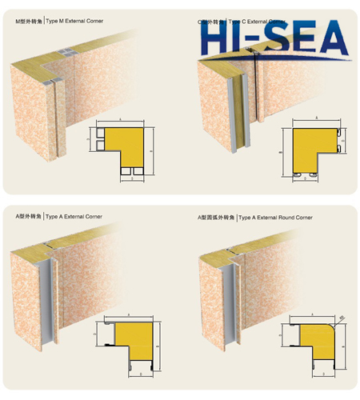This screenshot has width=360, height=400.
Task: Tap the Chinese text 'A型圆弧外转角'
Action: coord(217,217)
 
